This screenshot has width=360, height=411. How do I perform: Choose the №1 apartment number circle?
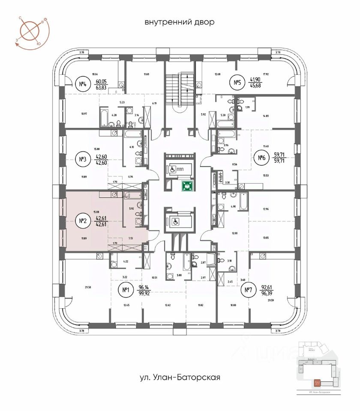coord(126,292)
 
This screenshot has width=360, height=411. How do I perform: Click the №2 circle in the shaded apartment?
coord(82,221)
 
